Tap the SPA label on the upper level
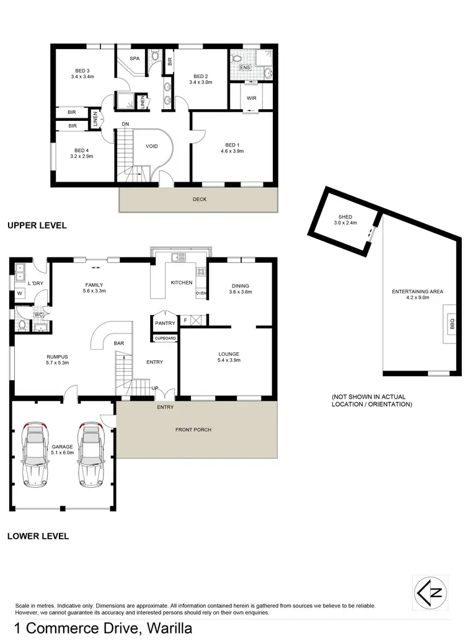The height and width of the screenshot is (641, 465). [x=135, y=58]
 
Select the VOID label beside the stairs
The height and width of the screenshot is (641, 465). [x=152, y=146]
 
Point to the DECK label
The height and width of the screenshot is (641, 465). [x=200, y=199]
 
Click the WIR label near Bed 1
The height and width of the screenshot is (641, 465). [x=251, y=97]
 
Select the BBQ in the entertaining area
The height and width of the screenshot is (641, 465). [x=451, y=323]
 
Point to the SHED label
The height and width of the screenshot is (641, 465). [x=343, y=216]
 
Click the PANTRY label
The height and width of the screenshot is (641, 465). [x=166, y=322]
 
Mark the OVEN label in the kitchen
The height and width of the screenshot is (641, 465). [x=201, y=293]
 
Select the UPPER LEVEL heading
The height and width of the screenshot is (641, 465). [x=37, y=226]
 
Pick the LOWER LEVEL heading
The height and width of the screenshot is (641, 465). [x=38, y=536]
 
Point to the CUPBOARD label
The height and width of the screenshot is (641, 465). [x=166, y=338]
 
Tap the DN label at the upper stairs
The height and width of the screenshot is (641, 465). [x=125, y=124]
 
